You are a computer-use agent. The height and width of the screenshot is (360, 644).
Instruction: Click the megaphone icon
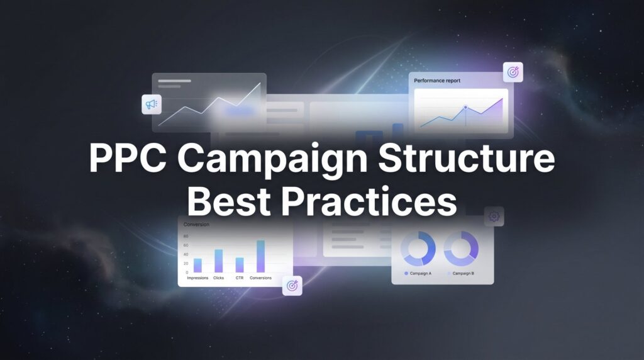152,104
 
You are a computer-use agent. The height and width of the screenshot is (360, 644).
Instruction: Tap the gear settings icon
494,217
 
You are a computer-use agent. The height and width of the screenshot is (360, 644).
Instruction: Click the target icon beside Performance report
513,72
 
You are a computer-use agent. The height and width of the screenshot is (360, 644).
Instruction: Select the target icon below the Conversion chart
292,285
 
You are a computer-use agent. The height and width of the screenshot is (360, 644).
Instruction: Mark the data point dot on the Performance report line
465,108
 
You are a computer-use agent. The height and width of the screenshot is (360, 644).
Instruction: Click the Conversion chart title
196,224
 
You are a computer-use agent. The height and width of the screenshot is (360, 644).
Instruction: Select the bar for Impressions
197,265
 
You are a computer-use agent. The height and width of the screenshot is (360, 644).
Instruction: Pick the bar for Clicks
219,261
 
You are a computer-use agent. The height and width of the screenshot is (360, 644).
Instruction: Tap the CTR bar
240,264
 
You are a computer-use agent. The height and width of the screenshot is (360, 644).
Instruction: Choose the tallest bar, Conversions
260,256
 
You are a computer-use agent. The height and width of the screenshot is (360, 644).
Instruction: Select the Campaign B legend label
464,274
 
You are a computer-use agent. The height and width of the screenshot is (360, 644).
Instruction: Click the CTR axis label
240,278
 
